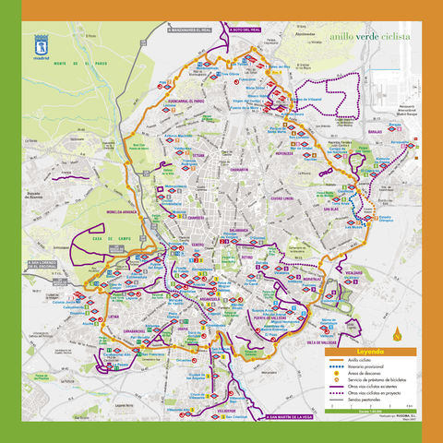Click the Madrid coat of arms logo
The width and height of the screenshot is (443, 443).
pos(42,44)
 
